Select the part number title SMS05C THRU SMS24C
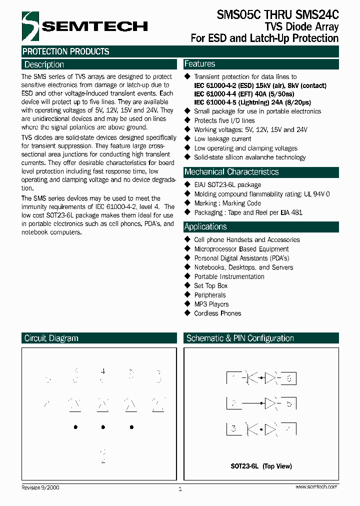pos(277,14)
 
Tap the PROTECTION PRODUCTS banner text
pos(65,51)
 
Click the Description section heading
pos(44,64)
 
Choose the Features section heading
pos(199,64)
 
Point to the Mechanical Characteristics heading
pos(231,172)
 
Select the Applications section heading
pos(205,226)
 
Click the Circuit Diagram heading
pos(51,338)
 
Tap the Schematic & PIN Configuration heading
pos(240,338)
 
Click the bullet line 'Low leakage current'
pos(222,139)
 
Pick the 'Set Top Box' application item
pos(210,286)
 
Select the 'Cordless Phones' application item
pos(217,313)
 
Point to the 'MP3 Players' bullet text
pos(211,304)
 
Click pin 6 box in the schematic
pos(288,378)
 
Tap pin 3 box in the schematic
pos(233,428)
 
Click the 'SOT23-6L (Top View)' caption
pos(261,466)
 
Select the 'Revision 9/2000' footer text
pos(40,487)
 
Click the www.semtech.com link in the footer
pos(316,487)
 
